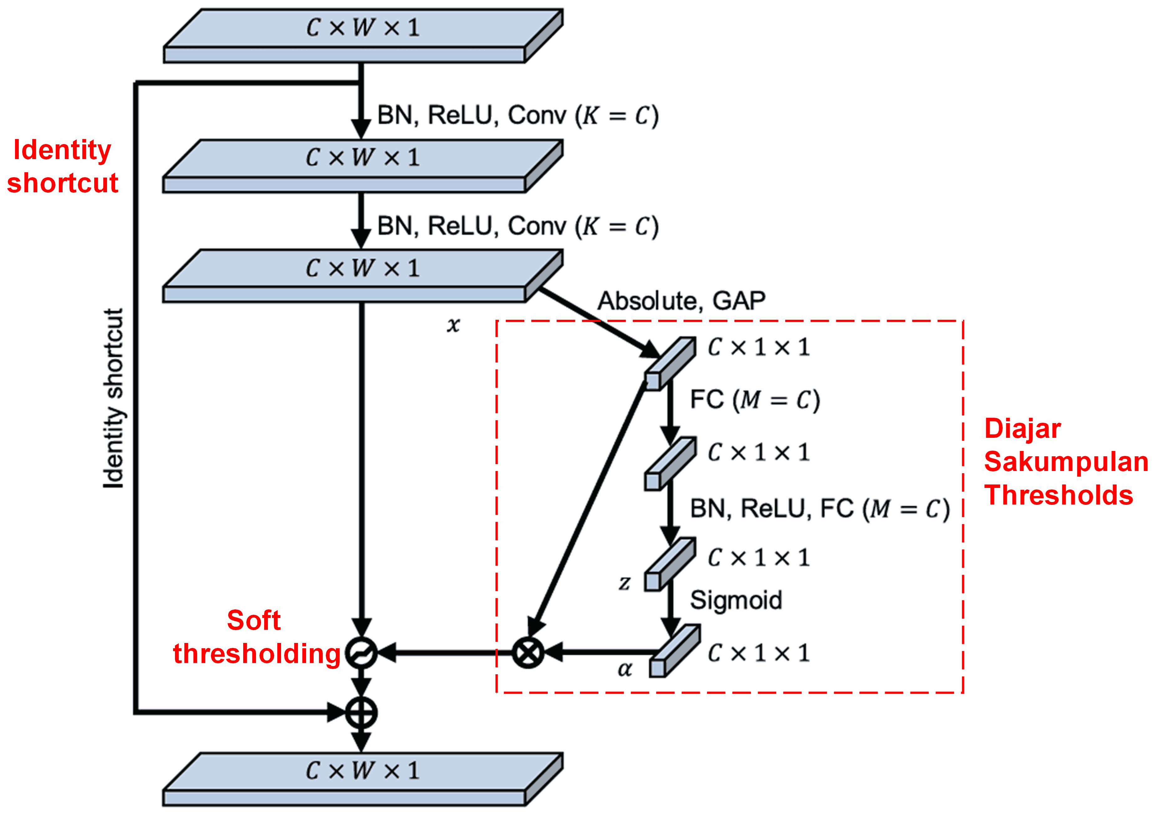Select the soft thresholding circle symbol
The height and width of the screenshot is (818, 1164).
click(361, 653)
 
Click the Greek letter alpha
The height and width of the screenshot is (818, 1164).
click(625, 670)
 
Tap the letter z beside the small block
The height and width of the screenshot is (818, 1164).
click(624, 583)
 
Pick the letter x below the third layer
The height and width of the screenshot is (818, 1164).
click(453, 324)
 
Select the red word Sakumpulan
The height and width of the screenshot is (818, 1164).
click(1066, 462)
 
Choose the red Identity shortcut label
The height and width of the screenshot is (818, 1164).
click(62, 166)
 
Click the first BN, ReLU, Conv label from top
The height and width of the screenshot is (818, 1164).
click(518, 116)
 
